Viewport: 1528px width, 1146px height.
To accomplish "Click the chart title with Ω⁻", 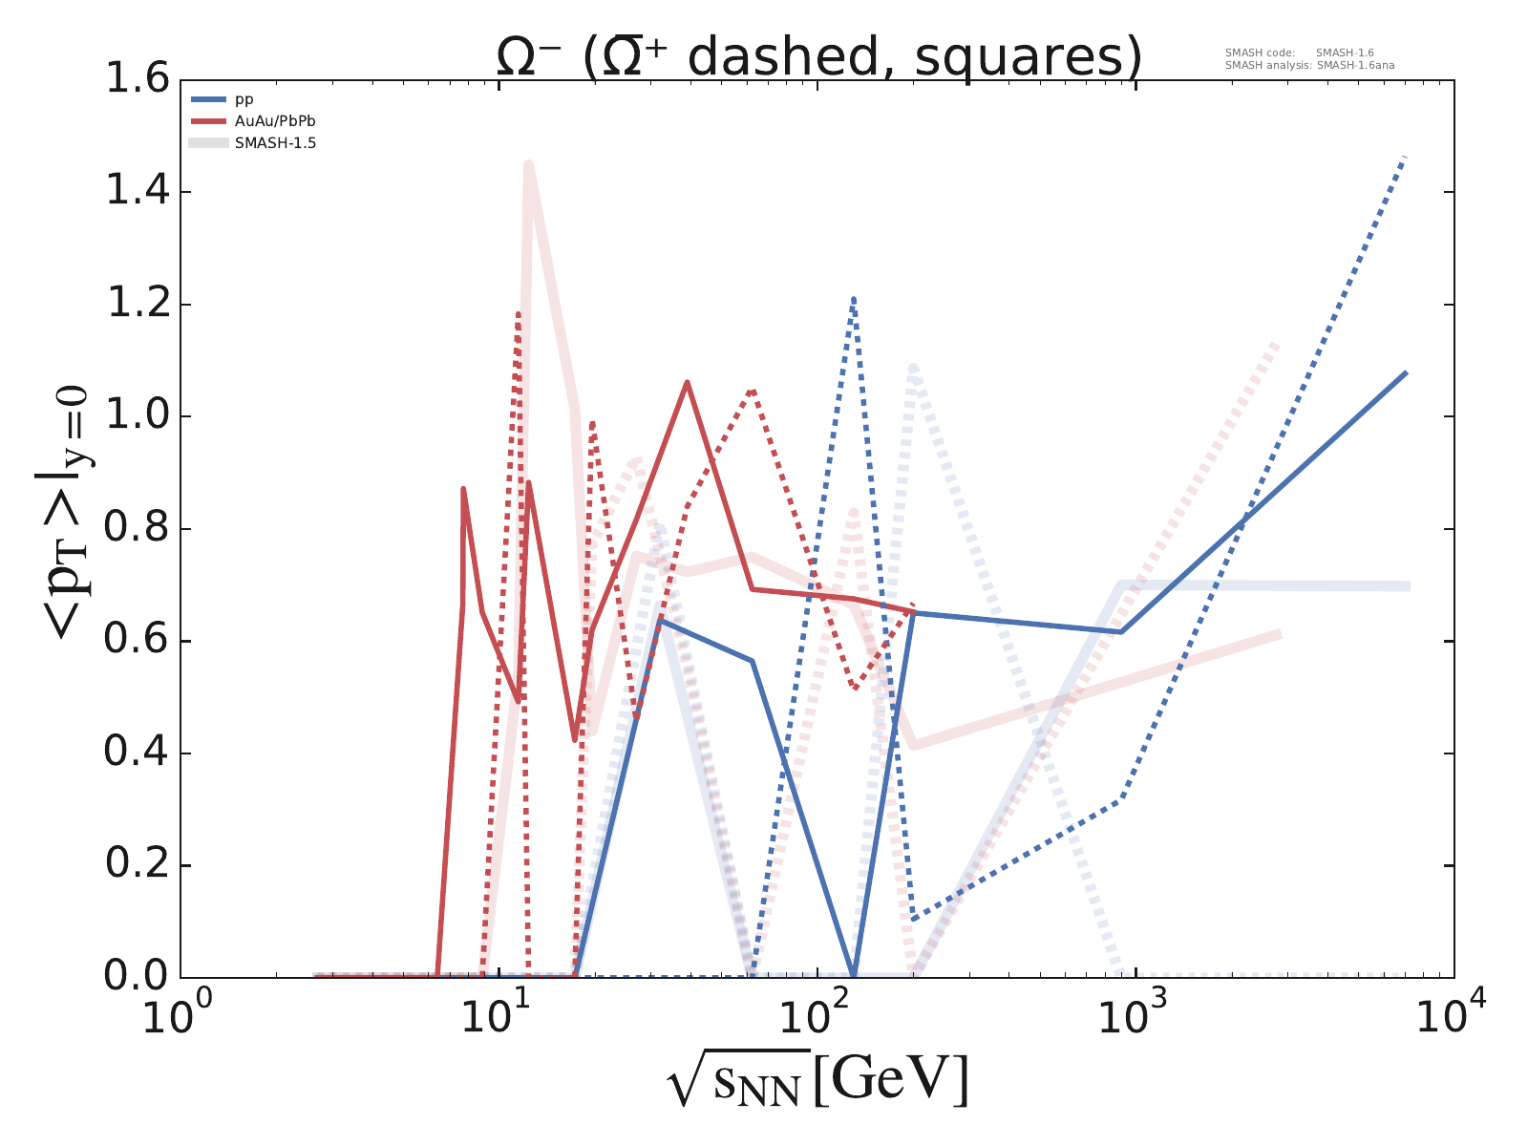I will pyautogui.click(x=819, y=57).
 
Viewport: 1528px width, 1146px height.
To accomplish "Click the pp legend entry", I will pyautogui.click(x=245, y=99).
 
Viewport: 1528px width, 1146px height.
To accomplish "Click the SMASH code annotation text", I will pyautogui.click(x=1300, y=53).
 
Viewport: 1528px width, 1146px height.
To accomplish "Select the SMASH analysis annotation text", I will pyautogui.click(x=1307, y=66).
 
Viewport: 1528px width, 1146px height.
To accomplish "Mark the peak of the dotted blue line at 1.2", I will pyautogui.click(x=853, y=298).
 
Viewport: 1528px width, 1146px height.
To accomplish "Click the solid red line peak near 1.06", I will pyautogui.click(x=687, y=382).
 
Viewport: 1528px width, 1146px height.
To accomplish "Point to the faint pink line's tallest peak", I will pyautogui.click(x=528, y=164).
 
